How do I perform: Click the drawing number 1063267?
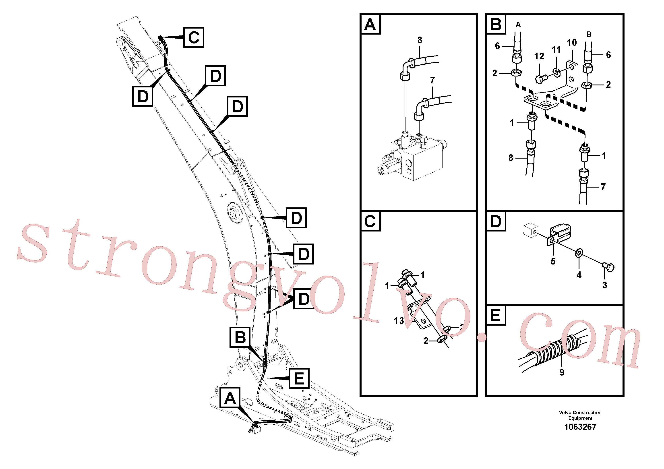click(580, 427)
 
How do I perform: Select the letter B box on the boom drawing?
click(240, 337)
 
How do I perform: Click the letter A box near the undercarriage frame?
click(230, 398)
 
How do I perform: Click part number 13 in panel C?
click(399, 320)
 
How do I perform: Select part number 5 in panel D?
click(553, 261)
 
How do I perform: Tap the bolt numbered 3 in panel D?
click(608, 267)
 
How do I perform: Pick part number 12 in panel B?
click(539, 56)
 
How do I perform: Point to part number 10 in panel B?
click(572, 43)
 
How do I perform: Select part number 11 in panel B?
click(556, 50)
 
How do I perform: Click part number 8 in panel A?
click(420, 40)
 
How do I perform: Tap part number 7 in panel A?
click(432, 80)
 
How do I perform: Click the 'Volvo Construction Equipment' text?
click(580, 415)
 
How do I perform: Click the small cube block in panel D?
click(531, 230)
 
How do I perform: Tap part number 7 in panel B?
click(603, 187)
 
